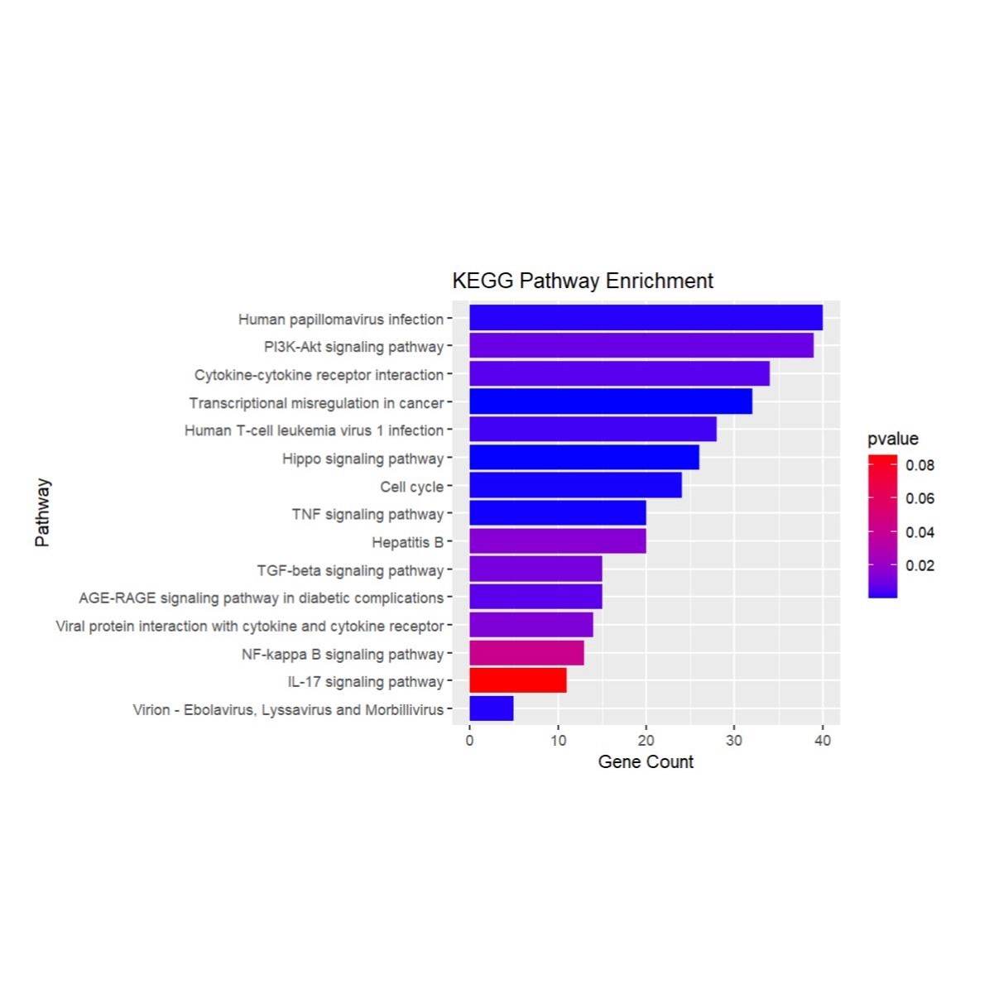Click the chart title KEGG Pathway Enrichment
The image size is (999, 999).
click(582, 281)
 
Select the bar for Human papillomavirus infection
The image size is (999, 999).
click(646, 318)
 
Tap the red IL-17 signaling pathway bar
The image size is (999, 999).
click(517, 680)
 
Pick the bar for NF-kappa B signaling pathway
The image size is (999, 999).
click(526, 653)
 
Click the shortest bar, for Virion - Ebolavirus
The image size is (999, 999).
click(491, 708)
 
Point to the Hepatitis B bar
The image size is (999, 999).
click(557, 541)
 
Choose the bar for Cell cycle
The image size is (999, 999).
click(575, 485)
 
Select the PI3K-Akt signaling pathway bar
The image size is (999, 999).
click(641, 346)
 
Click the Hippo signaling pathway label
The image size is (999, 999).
click(363, 459)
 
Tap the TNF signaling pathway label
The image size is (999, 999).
click(367, 514)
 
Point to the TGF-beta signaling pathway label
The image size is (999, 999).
click(350, 570)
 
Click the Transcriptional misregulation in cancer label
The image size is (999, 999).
click(316, 403)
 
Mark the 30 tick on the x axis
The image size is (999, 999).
click(734, 740)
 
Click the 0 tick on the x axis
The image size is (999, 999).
click(469, 740)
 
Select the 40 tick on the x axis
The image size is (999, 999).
click(822, 740)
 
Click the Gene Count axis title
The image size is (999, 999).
click(646, 761)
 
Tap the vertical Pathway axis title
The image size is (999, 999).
click(42, 512)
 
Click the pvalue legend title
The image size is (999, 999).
click(892, 439)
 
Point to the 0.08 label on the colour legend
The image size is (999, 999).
click(920, 465)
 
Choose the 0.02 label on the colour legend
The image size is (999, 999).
click(920, 565)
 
